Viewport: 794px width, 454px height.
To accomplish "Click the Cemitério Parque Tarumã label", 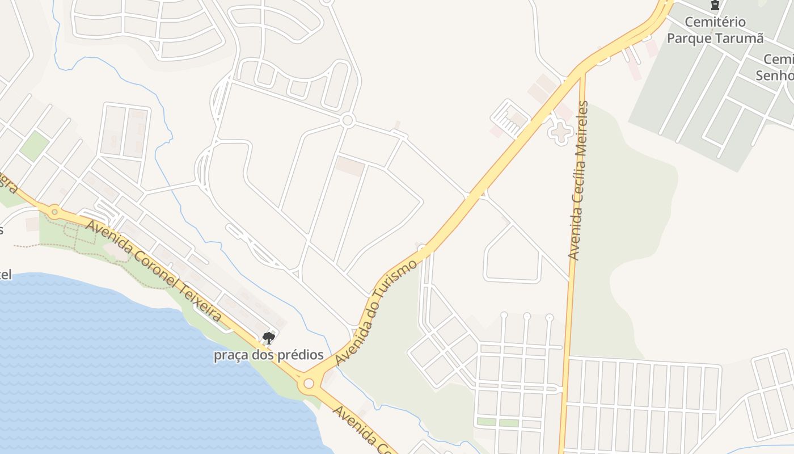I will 715,30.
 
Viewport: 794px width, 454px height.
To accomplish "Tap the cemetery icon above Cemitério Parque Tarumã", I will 715,6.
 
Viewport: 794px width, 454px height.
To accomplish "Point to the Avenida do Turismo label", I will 376,313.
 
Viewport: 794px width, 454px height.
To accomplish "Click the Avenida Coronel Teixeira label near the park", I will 153,271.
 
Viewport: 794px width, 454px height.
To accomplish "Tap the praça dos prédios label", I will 268,355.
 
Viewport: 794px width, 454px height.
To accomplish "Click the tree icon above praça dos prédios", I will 269,339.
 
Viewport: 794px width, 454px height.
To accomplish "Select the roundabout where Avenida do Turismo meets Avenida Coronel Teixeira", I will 309,384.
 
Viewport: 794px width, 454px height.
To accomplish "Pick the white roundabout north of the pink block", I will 348,120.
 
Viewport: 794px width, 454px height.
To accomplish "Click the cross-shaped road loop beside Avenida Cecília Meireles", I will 561,133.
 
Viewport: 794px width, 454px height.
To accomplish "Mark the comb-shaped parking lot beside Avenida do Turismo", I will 509,119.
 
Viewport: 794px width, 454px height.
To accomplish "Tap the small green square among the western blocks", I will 34,146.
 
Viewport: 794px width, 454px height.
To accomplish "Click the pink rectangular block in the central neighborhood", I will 350,166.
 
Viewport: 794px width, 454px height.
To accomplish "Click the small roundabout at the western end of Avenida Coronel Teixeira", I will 54,212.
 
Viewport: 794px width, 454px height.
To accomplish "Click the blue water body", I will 113,369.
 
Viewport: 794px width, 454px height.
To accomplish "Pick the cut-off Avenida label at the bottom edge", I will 363,431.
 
